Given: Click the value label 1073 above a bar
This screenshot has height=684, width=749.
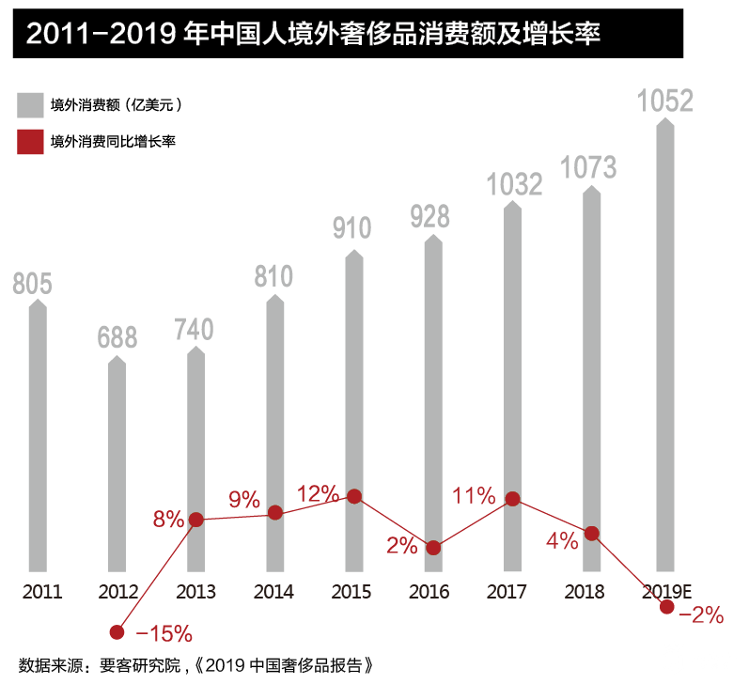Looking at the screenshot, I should (x=588, y=167).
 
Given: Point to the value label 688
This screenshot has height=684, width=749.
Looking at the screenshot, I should (x=117, y=337).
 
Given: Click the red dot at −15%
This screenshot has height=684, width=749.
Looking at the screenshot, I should (x=117, y=632).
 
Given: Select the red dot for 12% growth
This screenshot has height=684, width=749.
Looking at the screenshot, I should (x=354, y=496).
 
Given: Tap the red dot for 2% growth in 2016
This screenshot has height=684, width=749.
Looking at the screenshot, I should (x=433, y=547).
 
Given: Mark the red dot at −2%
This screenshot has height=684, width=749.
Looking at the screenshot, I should (x=667, y=607).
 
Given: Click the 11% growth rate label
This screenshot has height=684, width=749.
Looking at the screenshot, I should (x=474, y=496).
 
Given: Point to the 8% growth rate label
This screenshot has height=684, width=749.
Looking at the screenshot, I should (x=168, y=518).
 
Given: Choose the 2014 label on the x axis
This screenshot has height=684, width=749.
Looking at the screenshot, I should (x=273, y=592).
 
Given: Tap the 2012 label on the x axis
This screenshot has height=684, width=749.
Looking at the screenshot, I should (x=117, y=592).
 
